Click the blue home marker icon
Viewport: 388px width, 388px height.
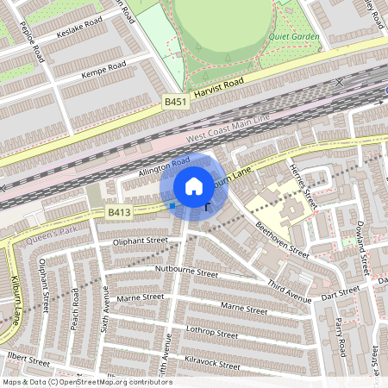pyautogui.click(x=194, y=186)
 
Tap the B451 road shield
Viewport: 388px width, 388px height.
pyautogui.click(x=176, y=102)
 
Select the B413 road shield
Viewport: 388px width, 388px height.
pyautogui.click(x=119, y=211)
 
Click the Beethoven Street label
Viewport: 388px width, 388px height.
pyautogui.click(x=281, y=239)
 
